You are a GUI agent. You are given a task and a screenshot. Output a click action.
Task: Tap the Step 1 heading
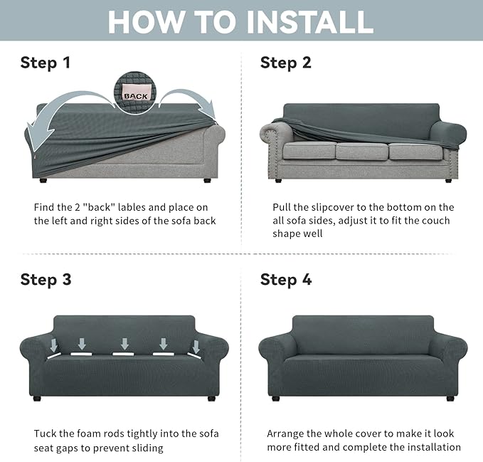coord(46,63)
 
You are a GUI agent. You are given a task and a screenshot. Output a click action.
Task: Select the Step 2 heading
coord(285,63)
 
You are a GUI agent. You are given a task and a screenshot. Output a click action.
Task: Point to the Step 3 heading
coord(46,279)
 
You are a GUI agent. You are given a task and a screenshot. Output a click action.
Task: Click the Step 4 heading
coord(285,279)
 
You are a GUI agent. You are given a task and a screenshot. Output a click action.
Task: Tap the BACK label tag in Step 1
coord(134,95)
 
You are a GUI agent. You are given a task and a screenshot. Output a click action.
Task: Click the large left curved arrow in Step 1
coord(57,117)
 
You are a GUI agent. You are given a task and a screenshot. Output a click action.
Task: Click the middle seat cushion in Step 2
coord(361,152)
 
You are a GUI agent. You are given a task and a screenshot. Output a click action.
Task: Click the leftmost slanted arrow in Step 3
coord(55,345)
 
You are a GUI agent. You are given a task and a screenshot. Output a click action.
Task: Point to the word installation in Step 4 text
coord(429,447)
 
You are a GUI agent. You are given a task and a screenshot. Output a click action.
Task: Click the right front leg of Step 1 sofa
coord(207,182)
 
